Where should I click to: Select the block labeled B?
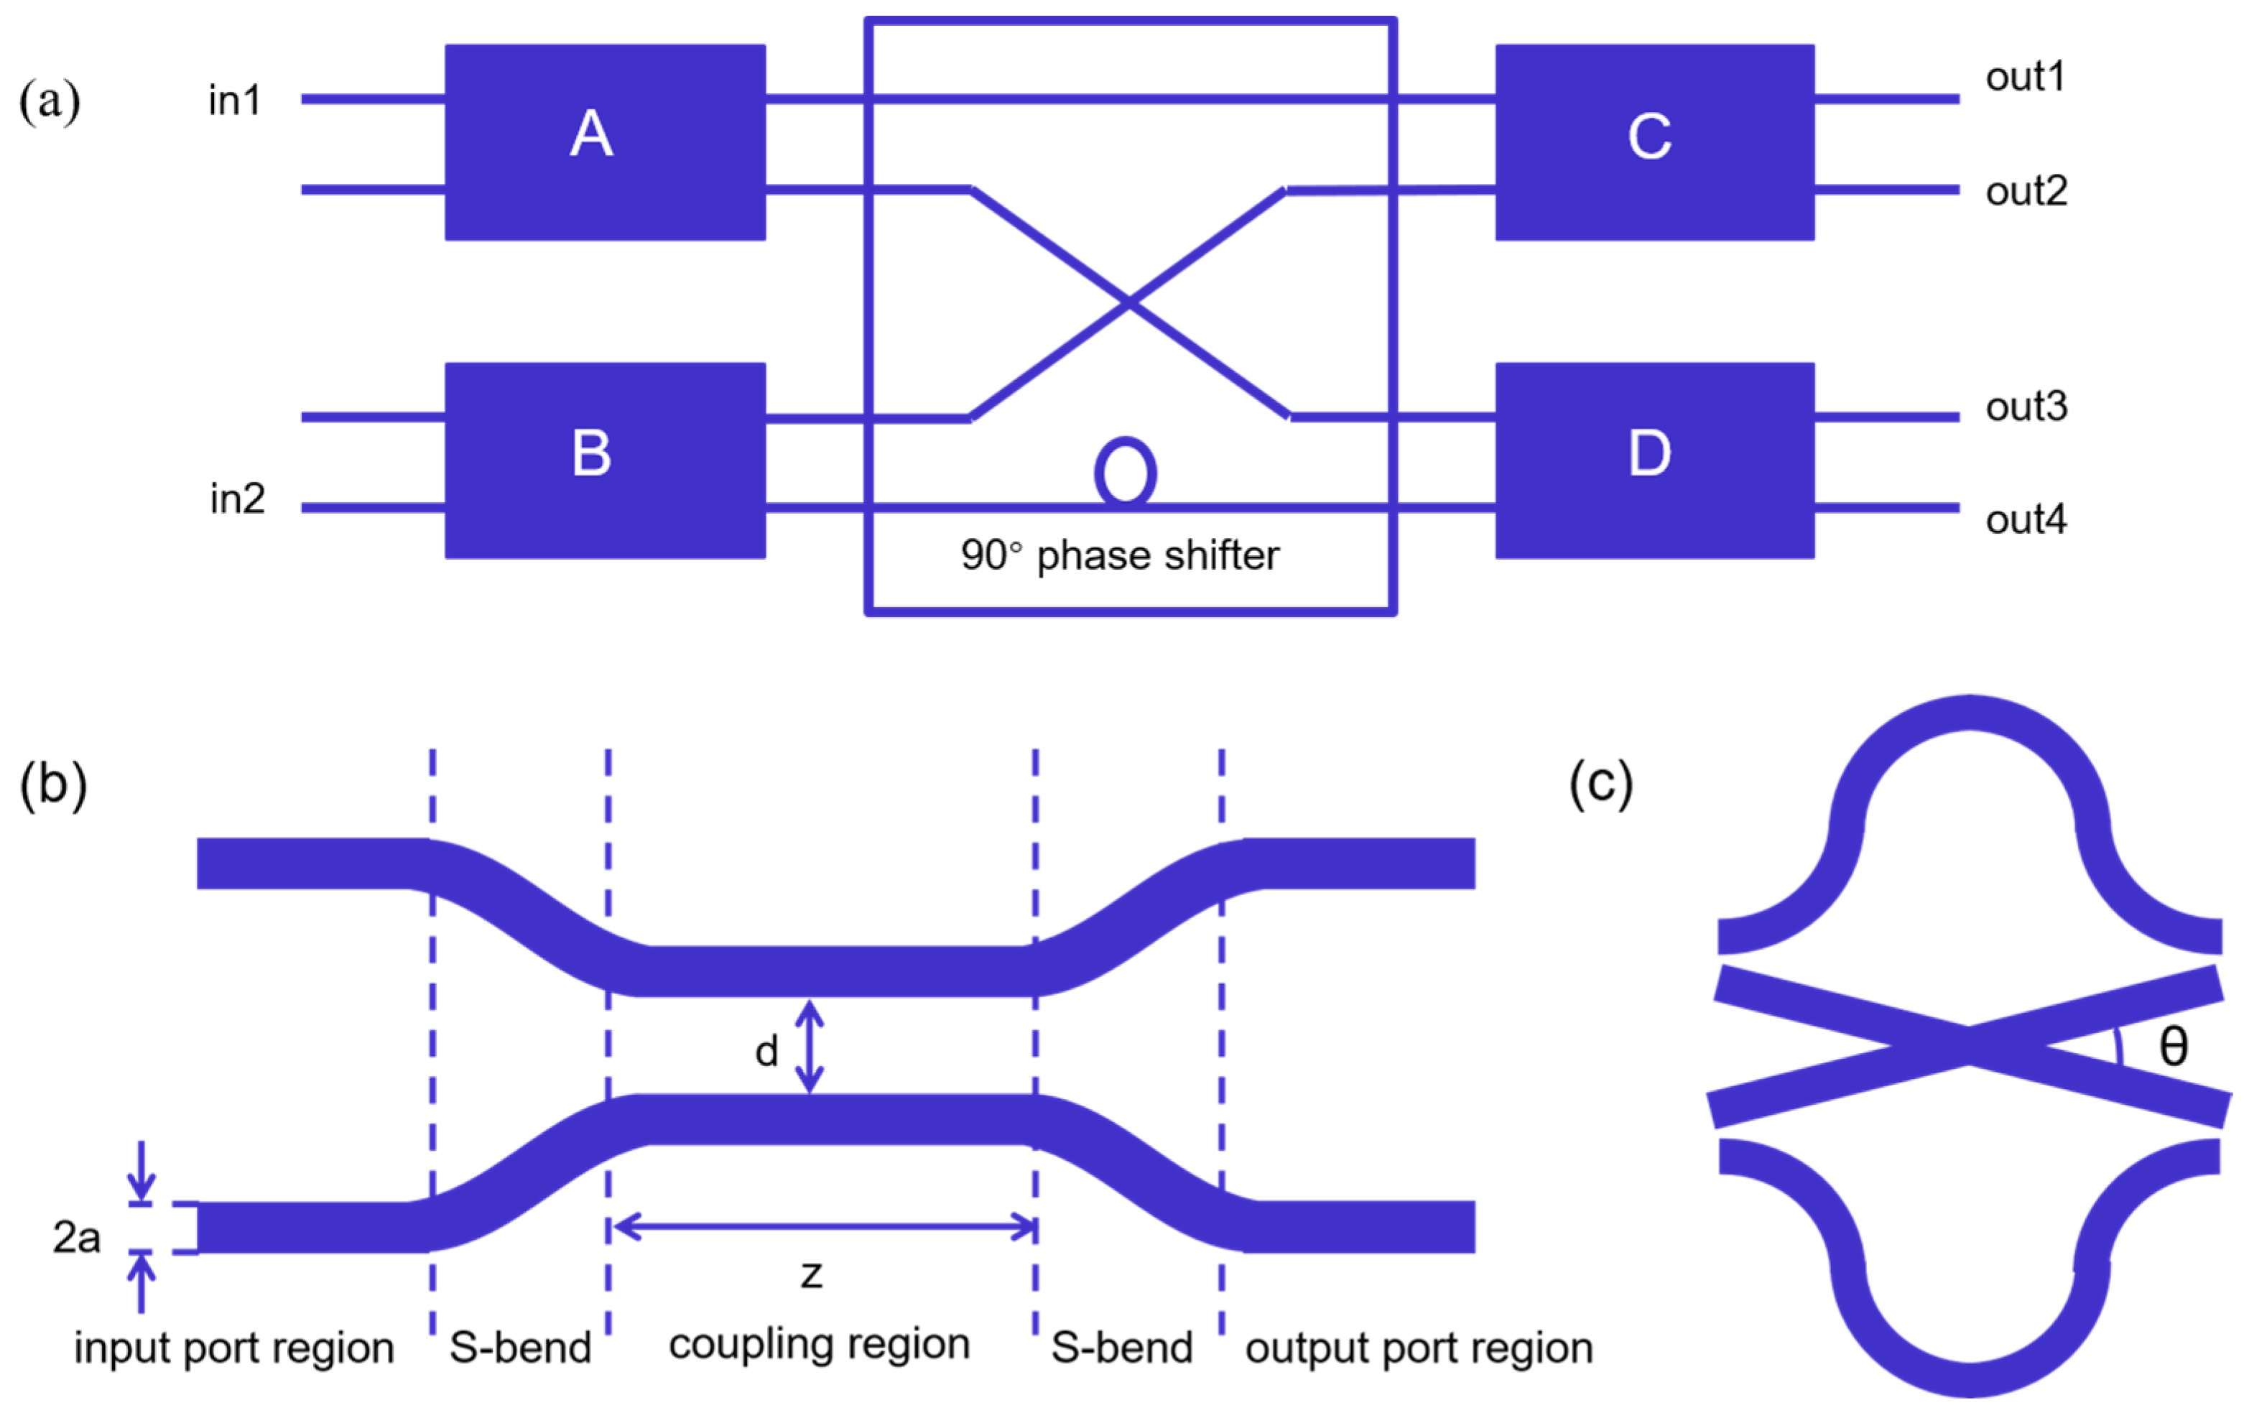[605, 460]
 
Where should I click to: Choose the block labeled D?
[1654, 460]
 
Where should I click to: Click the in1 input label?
[235, 101]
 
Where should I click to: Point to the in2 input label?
[237, 499]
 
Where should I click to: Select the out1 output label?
[2025, 76]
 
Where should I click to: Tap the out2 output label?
[2027, 191]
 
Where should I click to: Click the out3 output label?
[2027, 407]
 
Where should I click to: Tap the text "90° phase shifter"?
[1119, 555]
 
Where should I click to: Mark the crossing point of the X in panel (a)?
[1128, 302]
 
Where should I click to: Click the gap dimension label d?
[766, 1052]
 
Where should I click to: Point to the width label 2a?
[76, 1238]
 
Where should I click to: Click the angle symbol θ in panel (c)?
[2174, 1046]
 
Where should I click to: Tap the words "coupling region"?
[819, 1344]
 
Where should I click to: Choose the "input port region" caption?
[234, 1348]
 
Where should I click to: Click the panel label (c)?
[1600, 783]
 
